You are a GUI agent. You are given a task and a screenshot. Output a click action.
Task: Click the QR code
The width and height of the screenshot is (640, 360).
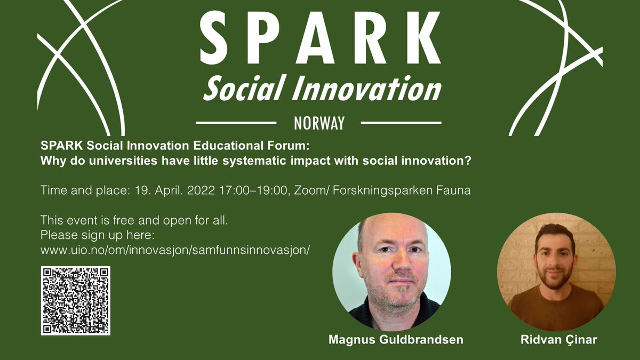pos(75,300)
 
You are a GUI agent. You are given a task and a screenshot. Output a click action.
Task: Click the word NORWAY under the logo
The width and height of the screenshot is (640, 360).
pos(319,123)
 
